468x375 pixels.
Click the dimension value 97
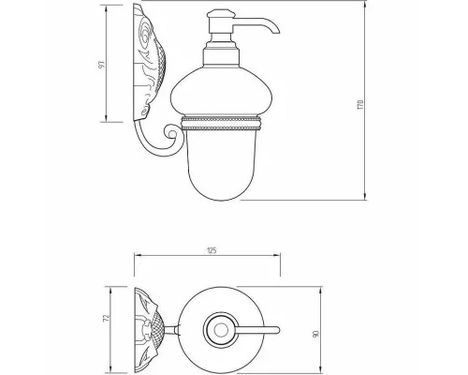pyautogui.click(x=102, y=65)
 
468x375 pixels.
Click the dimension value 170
pyautogui.click(x=361, y=104)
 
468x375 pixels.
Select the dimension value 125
pyautogui.click(x=212, y=250)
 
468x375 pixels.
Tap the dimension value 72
pyautogui.click(x=107, y=318)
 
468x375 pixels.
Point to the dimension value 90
pyautogui.click(x=315, y=334)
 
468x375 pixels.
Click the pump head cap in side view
pyautogui.click(x=221, y=14)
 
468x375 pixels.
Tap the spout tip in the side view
pyautogui.click(x=276, y=30)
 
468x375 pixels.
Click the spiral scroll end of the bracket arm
pyautogui.click(x=171, y=133)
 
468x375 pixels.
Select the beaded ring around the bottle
pyautogui.click(x=221, y=123)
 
